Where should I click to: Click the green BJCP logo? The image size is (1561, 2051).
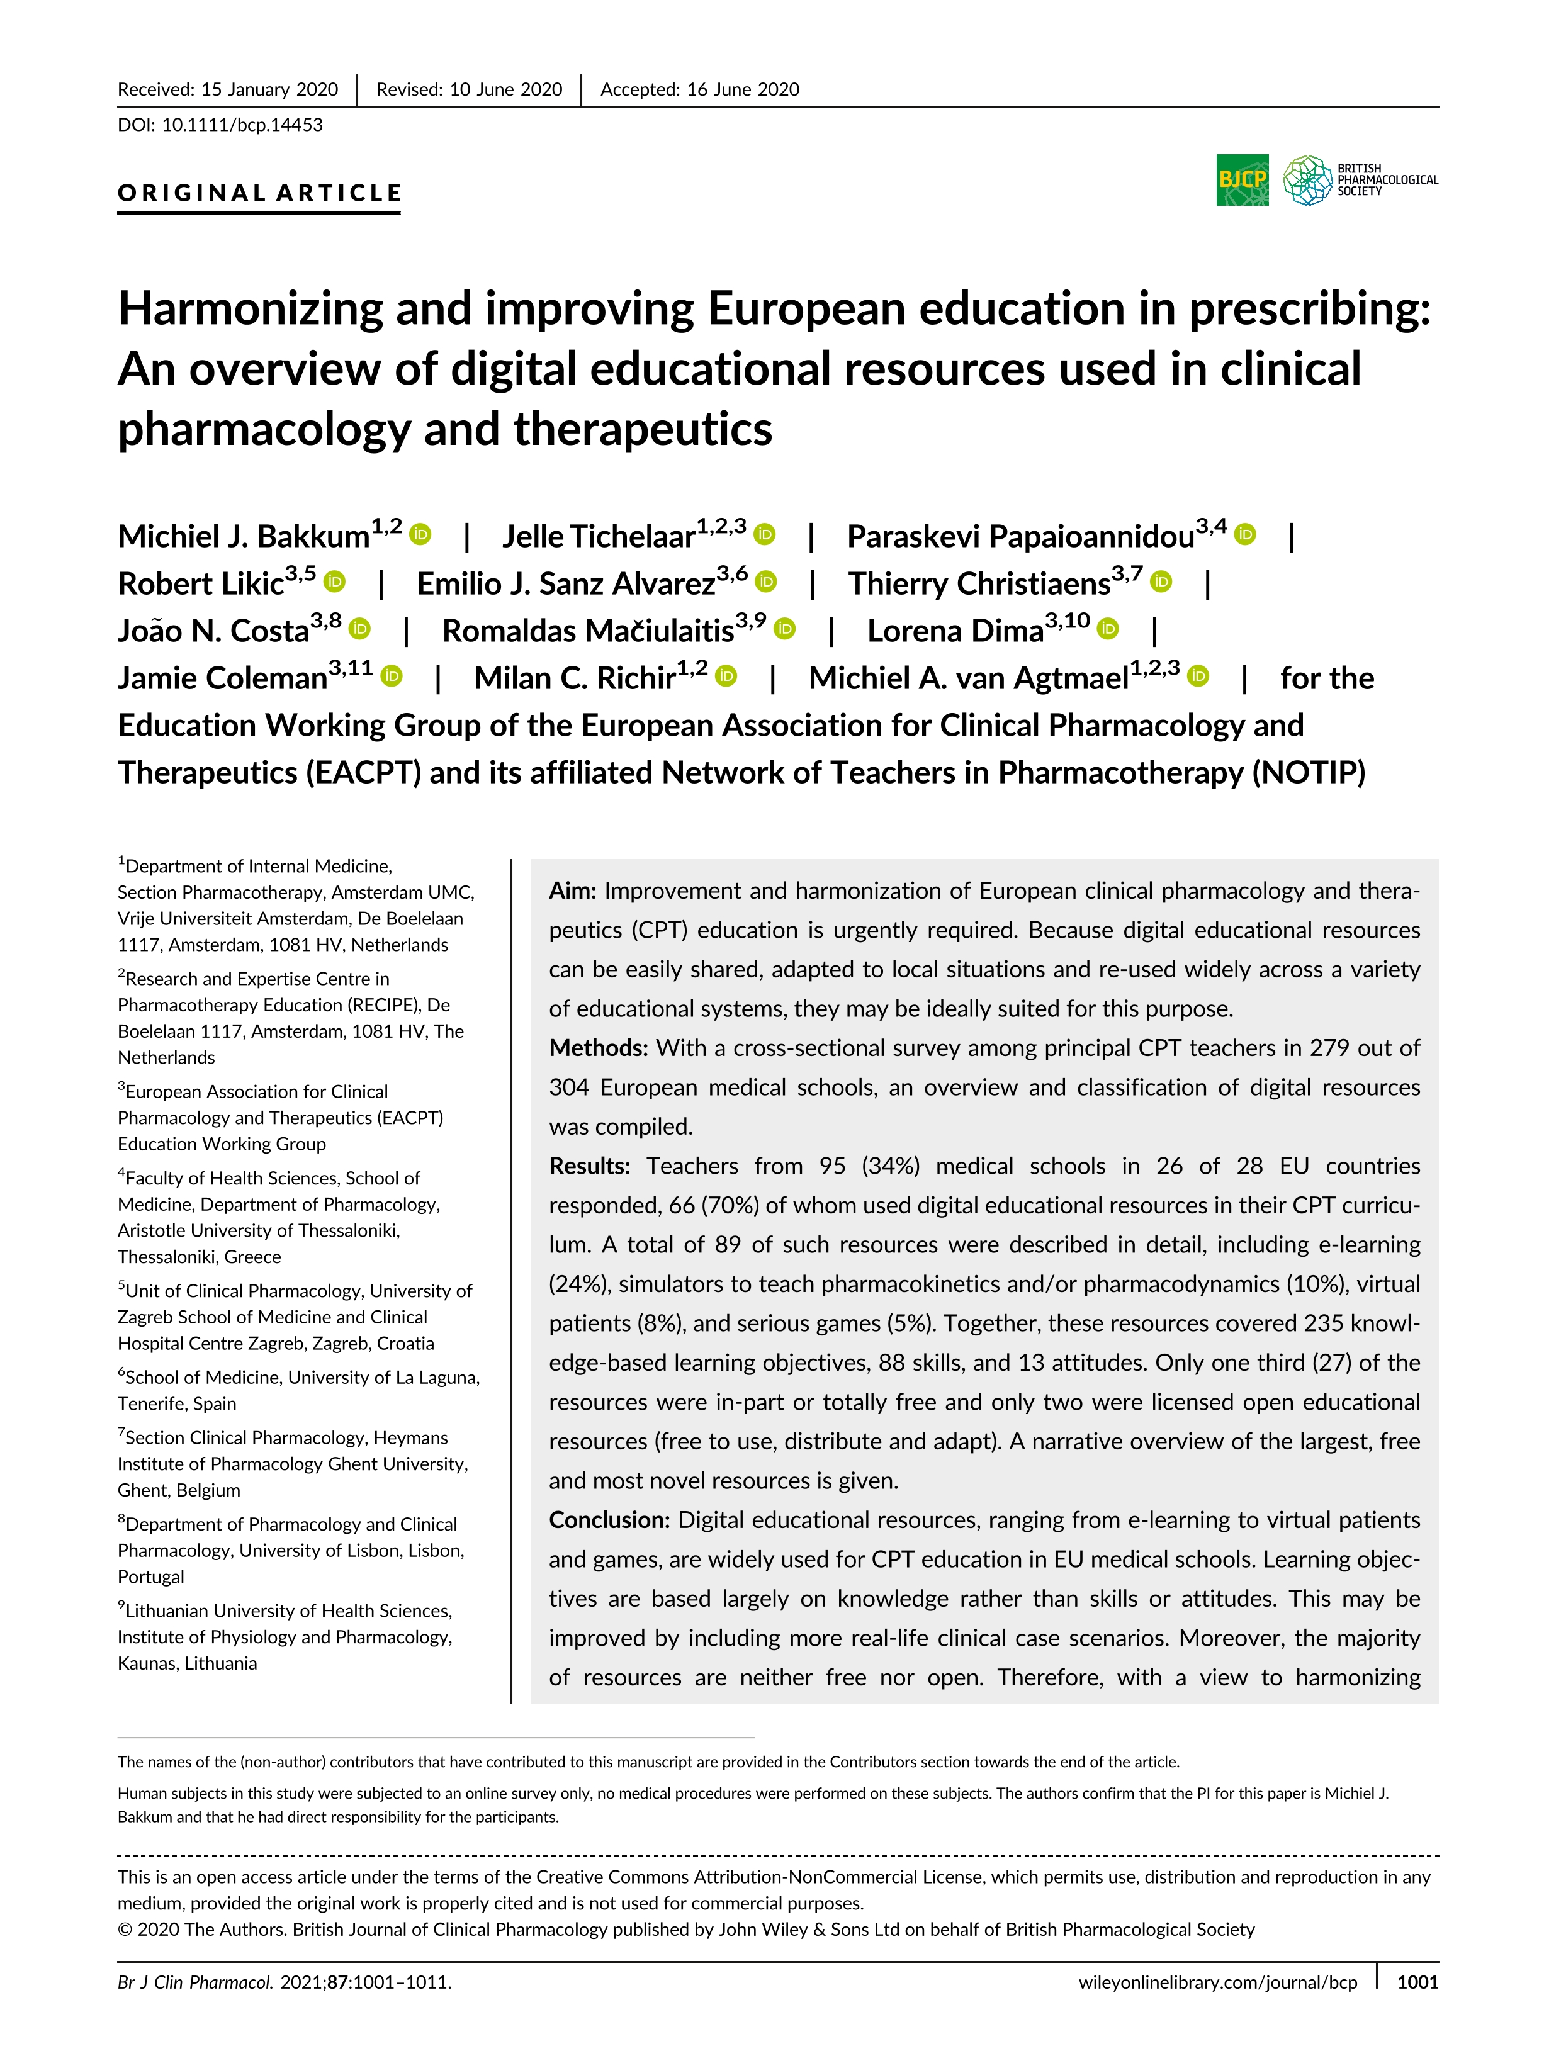(1243, 179)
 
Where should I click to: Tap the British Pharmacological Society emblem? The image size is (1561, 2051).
(1308, 179)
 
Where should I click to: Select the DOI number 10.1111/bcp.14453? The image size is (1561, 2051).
(242, 125)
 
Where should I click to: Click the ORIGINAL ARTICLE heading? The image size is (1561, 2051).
(259, 193)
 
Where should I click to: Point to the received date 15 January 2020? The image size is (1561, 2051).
(269, 89)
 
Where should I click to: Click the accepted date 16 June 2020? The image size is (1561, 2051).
(743, 89)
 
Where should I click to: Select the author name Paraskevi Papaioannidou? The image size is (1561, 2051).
(1020, 537)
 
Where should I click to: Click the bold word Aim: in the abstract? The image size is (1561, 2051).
(572, 891)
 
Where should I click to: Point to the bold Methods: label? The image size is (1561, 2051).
(599, 1048)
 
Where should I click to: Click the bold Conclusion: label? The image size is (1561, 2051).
(609, 1520)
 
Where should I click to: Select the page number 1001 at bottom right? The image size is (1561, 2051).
(1417, 1981)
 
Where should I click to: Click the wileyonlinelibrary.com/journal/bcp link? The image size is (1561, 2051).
(1217, 1981)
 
